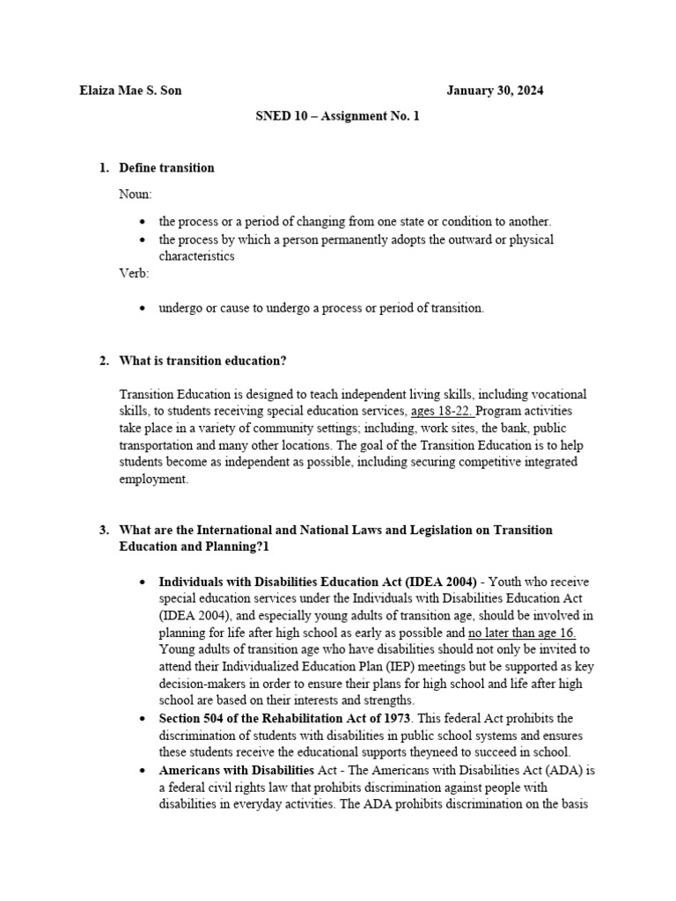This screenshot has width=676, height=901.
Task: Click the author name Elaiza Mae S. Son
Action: pos(130,91)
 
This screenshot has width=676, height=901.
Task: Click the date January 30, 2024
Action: pos(501,91)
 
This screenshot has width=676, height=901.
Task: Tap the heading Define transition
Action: pos(166,167)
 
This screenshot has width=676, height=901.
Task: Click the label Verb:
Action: pos(135,273)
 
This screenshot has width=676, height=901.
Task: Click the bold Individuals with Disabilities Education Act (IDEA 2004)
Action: pos(318,582)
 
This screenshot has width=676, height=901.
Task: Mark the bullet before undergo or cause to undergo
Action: pos(143,309)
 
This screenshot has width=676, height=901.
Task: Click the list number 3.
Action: pos(103,531)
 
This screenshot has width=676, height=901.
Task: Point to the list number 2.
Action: pos(103,361)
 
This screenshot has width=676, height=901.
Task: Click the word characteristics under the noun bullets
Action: pos(196,256)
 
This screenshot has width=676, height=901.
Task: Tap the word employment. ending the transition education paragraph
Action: pos(154,480)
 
